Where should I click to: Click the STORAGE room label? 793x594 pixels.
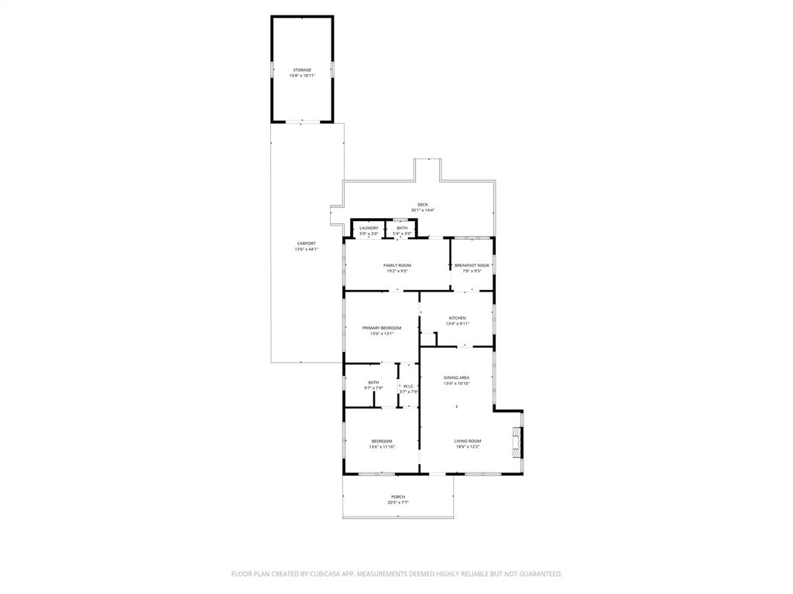point(302,70)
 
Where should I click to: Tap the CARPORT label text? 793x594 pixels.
point(307,244)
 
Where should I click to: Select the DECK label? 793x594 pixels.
point(423,205)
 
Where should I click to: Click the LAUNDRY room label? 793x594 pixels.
point(369,228)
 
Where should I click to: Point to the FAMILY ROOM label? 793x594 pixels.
point(397,265)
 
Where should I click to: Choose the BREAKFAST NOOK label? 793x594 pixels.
point(472,265)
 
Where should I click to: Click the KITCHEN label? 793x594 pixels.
point(457,318)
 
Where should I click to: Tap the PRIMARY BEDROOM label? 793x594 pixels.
point(382,328)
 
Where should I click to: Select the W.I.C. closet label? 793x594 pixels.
point(409,386)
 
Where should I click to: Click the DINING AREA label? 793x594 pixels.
point(457,377)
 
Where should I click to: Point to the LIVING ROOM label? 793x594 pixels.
point(468,441)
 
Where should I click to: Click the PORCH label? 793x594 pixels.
point(398,497)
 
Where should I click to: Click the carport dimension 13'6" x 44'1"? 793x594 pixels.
point(307,249)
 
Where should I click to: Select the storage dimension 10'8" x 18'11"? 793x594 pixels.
point(302,75)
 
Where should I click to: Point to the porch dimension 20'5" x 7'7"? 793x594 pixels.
point(398,502)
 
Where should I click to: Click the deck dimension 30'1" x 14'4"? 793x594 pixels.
point(423,210)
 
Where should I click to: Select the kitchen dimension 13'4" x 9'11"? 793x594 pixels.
point(457,323)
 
